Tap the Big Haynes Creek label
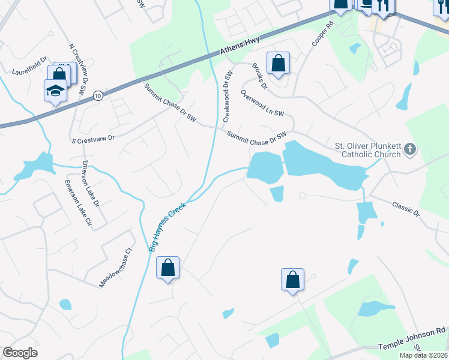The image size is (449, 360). tap(167, 227)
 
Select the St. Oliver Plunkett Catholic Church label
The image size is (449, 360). tap(367, 150)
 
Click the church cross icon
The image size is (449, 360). tap(410, 149)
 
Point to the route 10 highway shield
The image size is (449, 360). tap(98, 95)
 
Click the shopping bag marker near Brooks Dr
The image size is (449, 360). tap(279, 63)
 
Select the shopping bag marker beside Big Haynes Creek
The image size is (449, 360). tap(168, 268)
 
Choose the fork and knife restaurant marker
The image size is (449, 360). tap(382, 6)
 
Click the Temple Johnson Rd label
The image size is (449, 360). tap(411, 347)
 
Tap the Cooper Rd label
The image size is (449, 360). tap(322, 35)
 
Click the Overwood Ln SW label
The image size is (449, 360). tap(262, 103)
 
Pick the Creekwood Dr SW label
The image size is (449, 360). tap(228, 96)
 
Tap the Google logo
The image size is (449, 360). tap(20, 353)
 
